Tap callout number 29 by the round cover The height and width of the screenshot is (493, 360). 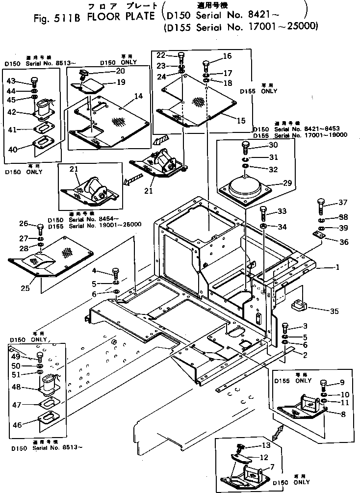pos(287,183)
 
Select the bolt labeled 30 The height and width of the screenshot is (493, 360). pos(246,145)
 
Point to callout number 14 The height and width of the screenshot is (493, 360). pos(139,96)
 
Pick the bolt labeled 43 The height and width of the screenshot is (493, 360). pos(34,80)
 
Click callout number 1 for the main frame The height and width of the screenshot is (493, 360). pos(337,267)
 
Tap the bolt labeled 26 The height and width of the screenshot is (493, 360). pos(40,227)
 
